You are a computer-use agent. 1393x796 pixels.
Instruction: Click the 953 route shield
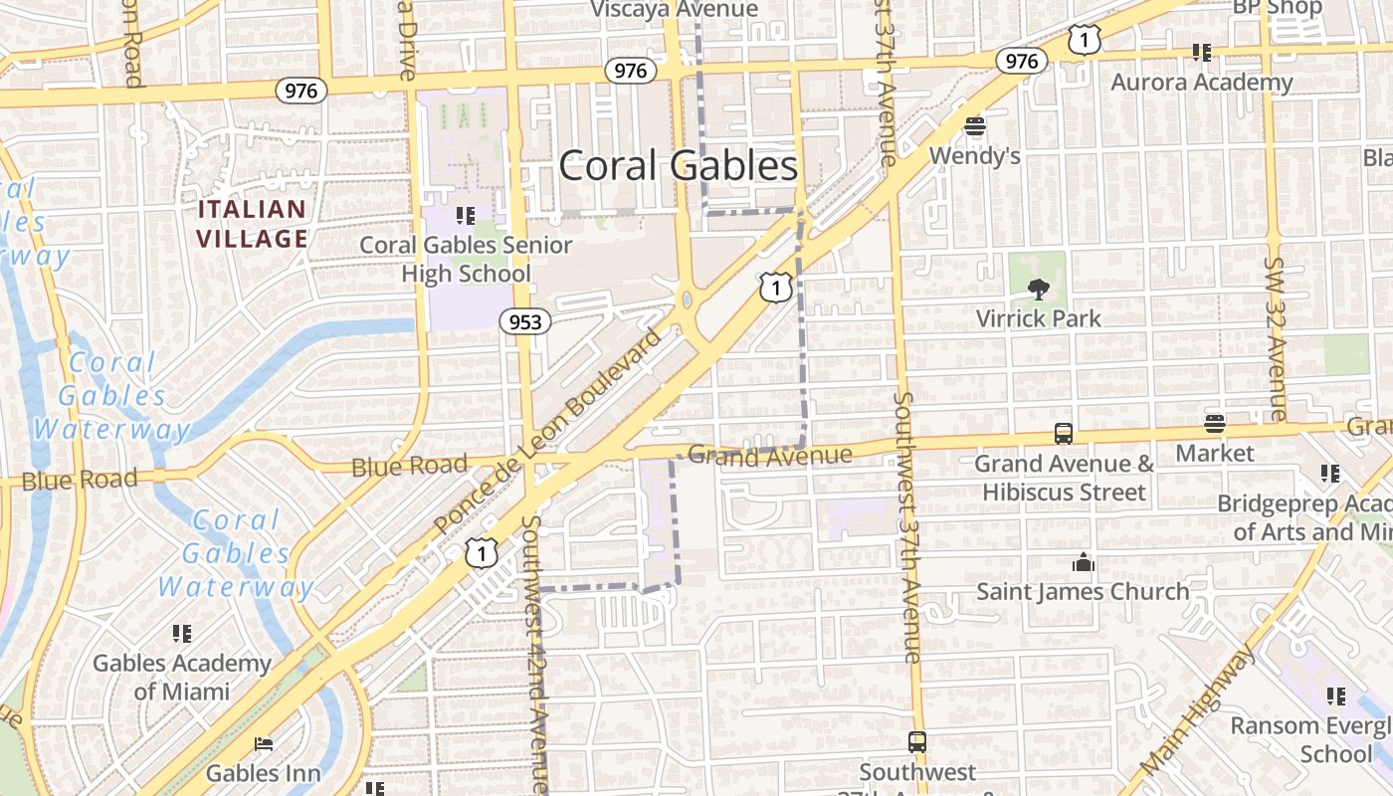click(x=524, y=321)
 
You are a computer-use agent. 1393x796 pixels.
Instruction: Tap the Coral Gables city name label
click(x=678, y=165)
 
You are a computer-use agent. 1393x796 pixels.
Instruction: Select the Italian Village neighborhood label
click(x=252, y=224)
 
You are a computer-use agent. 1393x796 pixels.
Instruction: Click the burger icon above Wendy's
click(x=974, y=126)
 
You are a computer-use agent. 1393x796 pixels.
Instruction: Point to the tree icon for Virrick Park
click(x=1038, y=290)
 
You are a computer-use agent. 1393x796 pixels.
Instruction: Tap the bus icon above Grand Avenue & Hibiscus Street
click(x=1064, y=434)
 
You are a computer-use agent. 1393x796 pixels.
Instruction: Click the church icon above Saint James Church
click(x=1084, y=563)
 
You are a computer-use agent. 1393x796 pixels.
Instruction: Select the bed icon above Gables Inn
click(x=264, y=743)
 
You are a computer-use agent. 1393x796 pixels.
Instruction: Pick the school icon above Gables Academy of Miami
click(x=181, y=634)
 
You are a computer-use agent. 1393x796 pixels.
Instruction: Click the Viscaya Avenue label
click(x=674, y=10)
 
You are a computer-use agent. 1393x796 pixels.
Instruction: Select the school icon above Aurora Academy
click(x=1201, y=53)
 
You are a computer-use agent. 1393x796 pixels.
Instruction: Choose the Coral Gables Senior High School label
click(x=466, y=259)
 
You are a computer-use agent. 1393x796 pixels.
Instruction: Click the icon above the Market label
click(x=1214, y=424)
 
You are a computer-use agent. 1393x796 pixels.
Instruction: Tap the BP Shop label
click(x=1277, y=8)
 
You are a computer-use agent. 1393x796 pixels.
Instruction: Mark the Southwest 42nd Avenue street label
click(x=535, y=657)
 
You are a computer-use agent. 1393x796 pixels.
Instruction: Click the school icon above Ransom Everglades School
click(x=1335, y=696)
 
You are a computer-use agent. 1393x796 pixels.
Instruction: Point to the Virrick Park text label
click(x=1038, y=318)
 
